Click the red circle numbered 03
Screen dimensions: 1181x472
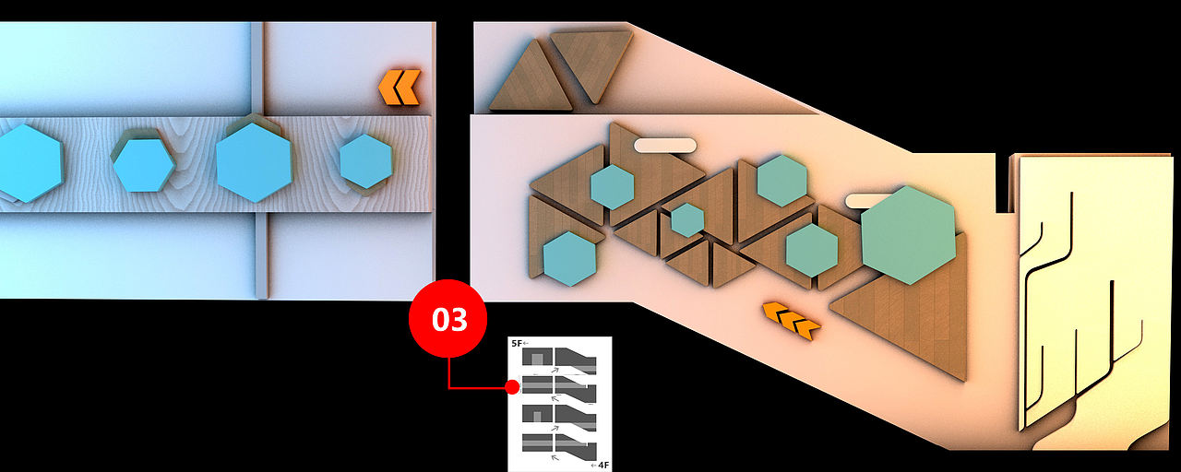pyautogui.click(x=447, y=319)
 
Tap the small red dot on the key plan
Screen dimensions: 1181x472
pyautogui.click(x=511, y=387)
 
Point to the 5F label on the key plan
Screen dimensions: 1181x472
pyautogui.click(x=517, y=344)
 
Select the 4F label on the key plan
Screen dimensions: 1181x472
pyautogui.click(x=603, y=466)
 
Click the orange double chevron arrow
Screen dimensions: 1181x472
pyautogui.click(x=400, y=87)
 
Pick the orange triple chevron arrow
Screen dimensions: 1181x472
pyautogui.click(x=792, y=320)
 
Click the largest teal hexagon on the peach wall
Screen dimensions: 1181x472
pyautogui.click(x=908, y=235)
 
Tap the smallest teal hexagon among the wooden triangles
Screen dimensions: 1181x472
pyautogui.click(x=687, y=220)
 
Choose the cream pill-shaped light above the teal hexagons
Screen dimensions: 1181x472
pyautogui.click(x=665, y=146)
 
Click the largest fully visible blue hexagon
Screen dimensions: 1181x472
pyautogui.click(x=254, y=162)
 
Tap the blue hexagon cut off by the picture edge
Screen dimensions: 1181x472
pyautogui.click(x=29, y=163)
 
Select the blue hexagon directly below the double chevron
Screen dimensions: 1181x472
pyautogui.click(x=366, y=161)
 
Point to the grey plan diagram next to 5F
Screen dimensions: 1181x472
pyautogui.click(x=559, y=360)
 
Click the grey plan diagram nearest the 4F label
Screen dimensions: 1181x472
pyautogui.click(x=559, y=445)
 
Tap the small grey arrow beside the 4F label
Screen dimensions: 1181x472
pyautogui.click(x=594, y=466)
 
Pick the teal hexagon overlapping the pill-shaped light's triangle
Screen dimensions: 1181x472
pyautogui.click(x=612, y=187)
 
